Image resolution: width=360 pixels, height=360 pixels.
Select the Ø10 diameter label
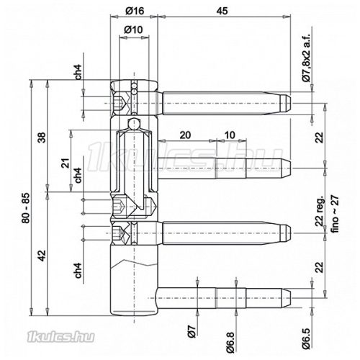point(133,29)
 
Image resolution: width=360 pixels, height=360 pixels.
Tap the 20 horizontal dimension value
point(185,135)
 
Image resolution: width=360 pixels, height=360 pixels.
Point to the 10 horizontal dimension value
point(228,135)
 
